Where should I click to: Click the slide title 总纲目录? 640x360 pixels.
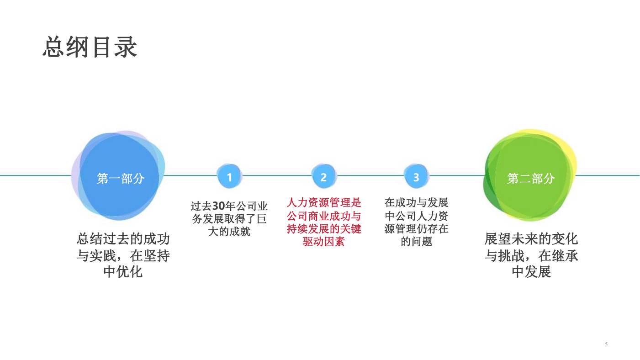click(90, 47)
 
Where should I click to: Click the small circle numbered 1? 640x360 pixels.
click(229, 176)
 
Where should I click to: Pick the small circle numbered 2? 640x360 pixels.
click(324, 176)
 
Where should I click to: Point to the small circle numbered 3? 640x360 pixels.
click(416, 176)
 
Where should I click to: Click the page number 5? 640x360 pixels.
click(606, 344)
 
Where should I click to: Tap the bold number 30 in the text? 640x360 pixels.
click(218, 206)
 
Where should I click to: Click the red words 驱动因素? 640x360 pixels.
click(324, 242)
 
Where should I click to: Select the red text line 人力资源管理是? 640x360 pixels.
click(324, 202)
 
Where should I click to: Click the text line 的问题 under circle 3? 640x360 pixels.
click(416, 242)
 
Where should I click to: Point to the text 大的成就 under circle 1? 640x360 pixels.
click(229, 232)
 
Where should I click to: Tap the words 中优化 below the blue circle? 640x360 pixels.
click(123, 272)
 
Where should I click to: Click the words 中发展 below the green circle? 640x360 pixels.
click(531, 272)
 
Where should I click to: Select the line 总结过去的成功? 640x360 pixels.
click(123, 239)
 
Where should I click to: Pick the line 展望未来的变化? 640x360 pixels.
click(531, 239)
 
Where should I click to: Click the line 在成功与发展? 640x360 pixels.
click(416, 202)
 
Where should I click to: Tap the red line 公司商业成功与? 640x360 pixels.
click(324, 216)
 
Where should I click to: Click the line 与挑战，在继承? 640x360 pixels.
click(531, 255)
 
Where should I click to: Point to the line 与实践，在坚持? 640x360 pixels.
click(123, 255)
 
